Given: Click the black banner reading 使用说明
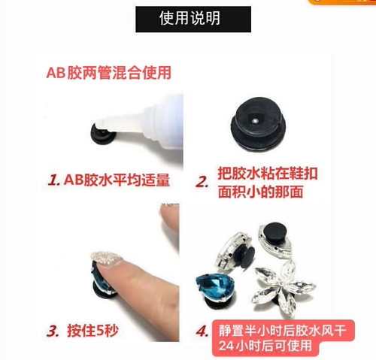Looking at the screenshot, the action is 193,20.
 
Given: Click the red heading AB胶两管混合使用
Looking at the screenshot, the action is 109,73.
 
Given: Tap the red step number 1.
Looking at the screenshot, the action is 54,180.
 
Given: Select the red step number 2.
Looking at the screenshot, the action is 202,182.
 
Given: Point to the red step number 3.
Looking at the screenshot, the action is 53,331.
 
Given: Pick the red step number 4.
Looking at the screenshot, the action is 202,331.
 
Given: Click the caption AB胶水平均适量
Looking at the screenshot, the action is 117,180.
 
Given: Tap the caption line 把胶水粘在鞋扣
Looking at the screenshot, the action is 268,173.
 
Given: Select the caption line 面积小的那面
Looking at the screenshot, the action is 260,192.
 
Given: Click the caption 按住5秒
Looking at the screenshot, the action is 92,331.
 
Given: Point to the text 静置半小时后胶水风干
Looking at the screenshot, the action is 283,331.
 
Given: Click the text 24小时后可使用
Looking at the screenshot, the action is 265,346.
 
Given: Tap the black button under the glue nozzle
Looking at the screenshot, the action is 103,135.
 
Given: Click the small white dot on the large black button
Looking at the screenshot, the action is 255,121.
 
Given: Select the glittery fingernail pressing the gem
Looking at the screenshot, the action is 106,258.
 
